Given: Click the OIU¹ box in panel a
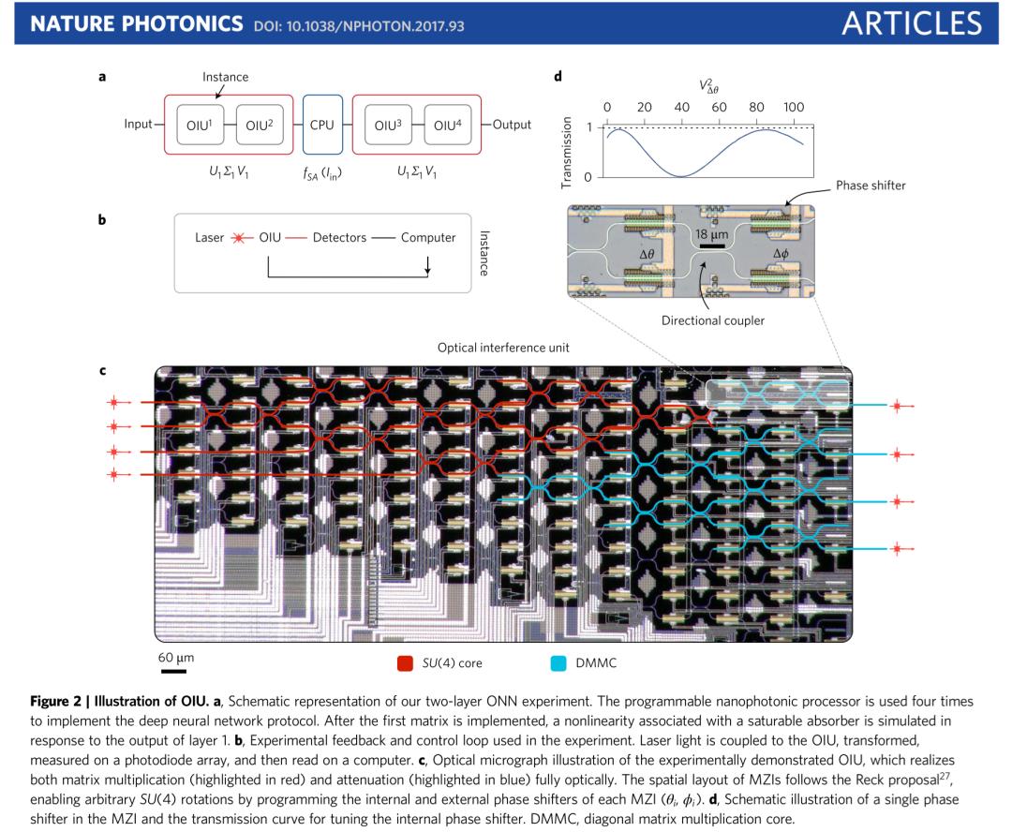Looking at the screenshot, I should (200, 126).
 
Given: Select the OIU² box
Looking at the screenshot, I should (259, 126).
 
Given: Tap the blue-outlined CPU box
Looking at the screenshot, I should (322, 126).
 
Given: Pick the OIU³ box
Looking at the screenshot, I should (387, 126).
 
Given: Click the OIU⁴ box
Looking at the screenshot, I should (447, 126).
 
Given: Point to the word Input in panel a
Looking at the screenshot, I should (138, 125).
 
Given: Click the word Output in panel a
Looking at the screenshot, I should (512, 125).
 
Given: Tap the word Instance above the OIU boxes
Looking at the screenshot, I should (225, 77).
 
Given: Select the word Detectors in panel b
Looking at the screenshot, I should (338, 238).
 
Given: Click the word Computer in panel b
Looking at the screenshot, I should (428, 238).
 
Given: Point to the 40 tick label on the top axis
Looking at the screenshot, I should (682, 107).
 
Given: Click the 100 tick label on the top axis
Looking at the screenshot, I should (793, 107).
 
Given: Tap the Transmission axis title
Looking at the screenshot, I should (566, 153).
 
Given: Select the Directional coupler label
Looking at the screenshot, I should (713, 320).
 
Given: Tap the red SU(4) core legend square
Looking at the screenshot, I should (405, 663).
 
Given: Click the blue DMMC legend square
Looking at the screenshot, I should (558, 663).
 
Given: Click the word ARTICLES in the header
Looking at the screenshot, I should (911, 23).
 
